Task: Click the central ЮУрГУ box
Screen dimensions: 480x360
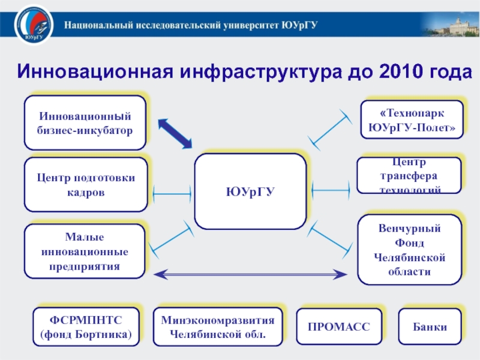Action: [x=250, y=191]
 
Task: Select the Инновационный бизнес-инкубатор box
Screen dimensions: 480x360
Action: [x=85, y=122]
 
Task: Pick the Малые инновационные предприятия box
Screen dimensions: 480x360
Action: [x=85, y=251]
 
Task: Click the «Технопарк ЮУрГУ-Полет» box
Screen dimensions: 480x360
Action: [x=411, y=120]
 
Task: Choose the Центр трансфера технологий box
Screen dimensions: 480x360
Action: [x=409, y=175]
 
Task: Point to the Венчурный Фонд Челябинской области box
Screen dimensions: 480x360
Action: [x=410, y=250]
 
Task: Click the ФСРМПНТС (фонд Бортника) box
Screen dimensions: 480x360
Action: [x=86, y=327]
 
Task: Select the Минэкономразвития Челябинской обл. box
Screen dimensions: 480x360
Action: [x=218, y=327]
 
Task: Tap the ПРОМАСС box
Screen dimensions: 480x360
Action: [x=339, y=327]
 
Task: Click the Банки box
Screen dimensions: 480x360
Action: [x=430, y=327]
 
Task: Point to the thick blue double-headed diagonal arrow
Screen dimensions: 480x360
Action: [x=175, y=133]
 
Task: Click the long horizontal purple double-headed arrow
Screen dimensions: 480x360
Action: [x=250, y=275]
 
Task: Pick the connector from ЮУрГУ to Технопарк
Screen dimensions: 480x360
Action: [x=330, y=129]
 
